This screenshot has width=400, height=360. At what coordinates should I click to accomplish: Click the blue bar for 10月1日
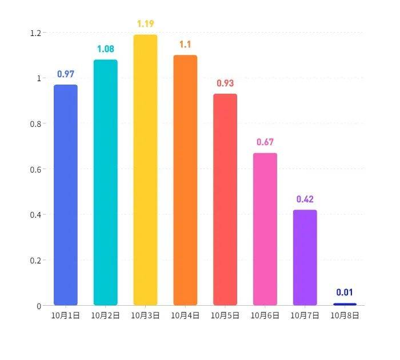[x=66, y=195]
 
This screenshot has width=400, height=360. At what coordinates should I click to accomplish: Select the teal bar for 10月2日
[x=106, y=182]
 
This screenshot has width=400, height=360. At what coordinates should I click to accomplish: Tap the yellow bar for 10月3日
[x=145, y=170]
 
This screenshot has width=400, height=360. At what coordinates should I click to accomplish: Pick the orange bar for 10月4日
[x=186, y=180]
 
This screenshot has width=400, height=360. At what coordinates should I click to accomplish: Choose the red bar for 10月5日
[x=225, y=199]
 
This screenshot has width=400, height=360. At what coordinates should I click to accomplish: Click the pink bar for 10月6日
[x=265, y=229]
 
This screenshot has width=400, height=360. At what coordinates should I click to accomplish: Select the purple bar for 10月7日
[x=305, y=258]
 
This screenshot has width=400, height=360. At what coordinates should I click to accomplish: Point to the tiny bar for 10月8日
[x=345, y=304]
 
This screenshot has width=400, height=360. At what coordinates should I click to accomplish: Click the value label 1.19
[x=146, y=24]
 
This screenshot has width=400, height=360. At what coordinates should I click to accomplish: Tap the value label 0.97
[x=66, y=74]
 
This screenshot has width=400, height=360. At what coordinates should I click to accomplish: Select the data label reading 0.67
[x=265, y=142]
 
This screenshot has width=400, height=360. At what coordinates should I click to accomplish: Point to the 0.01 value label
[x=345, y=292]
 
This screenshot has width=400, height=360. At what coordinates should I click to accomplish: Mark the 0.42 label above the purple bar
[x=305, y=199]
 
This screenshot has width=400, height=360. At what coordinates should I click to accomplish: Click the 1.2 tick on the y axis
[x=35, y=33]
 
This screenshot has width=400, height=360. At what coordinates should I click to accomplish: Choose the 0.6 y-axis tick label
[x=35, y=169]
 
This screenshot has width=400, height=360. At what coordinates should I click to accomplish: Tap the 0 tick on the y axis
[x=39, y=306]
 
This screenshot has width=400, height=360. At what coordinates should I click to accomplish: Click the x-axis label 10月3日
[x=145, y=315]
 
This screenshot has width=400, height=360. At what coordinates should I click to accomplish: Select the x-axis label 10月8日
[x=345, y=315]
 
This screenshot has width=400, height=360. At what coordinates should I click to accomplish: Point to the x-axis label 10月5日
[x=225, y=315]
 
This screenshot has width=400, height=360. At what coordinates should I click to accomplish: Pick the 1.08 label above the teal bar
[x=106, y=49]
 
